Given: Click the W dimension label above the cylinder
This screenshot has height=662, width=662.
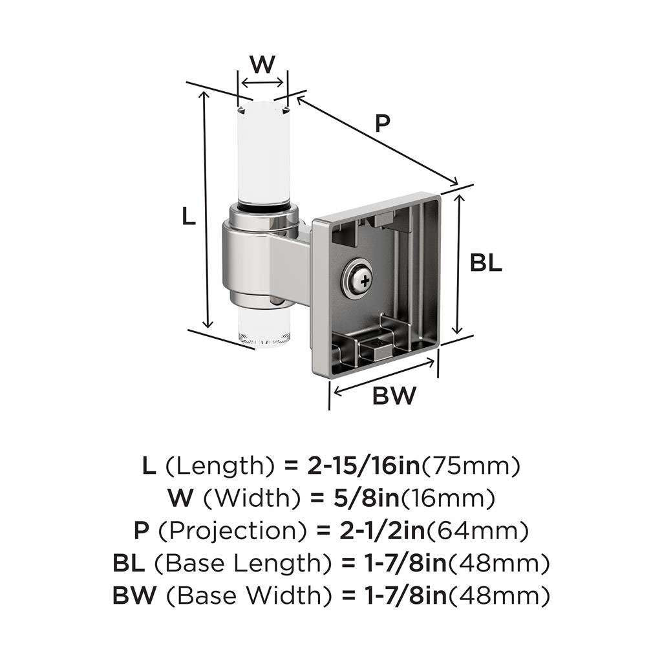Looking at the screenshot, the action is click(262, 64).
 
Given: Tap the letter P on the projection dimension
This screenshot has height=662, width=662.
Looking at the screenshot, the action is click(383, 123).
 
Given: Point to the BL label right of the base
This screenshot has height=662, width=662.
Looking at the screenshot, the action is click(486, 263).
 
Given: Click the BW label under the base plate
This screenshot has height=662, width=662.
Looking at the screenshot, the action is click(394, 396).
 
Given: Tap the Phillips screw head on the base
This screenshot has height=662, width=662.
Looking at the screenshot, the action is click(362, 280).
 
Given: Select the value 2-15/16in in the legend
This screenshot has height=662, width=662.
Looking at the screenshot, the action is click(363, 465).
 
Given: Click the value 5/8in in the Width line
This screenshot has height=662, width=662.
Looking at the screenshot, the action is click(366, 498).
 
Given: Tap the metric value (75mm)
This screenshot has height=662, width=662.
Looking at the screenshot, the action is click(471, 466).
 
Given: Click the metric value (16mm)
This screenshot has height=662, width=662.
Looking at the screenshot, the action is click(447, 498).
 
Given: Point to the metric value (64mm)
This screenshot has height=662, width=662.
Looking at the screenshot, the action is click(478, 531).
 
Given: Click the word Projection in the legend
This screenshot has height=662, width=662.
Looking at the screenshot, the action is click(233, 531).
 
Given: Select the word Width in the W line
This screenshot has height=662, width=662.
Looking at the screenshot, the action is click(252, 498).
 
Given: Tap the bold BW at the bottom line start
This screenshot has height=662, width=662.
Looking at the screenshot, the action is click(134, 595).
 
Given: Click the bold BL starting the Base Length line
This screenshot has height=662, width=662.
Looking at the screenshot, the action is click(129, 563).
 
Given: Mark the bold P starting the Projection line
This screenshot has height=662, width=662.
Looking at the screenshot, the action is click(141, 531).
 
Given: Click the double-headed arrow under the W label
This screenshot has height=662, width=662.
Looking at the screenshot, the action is click(262, 82).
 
